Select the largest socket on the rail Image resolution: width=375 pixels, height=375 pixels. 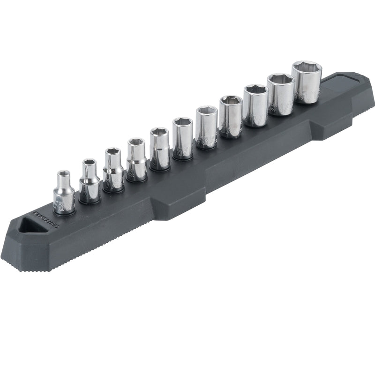(x=307, y=82)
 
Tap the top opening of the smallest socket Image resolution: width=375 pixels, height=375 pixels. (x=64, y=175)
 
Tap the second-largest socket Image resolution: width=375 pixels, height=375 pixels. (x=281, y=94)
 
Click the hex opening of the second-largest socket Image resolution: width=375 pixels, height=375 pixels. (x=280, y=80)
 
